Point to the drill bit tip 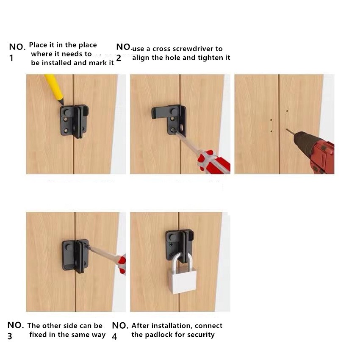(x=287, y=130)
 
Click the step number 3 (x=10, y=336)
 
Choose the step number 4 (x=114, y=337)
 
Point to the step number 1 (x=11, y=58)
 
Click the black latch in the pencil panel (x=74, y=122)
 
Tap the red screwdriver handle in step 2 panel (x=213, y=162)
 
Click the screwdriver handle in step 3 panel (x=121, y=264)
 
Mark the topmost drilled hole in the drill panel (x=287, y=111)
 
